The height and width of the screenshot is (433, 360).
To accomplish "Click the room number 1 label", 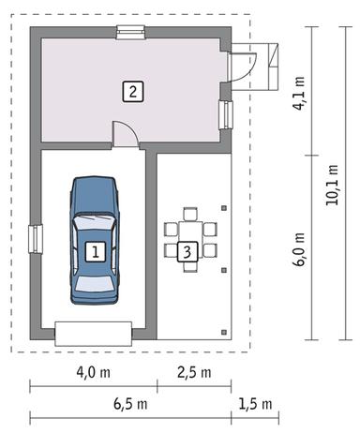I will [95, 251].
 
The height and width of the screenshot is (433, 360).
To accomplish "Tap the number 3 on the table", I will [187, 251].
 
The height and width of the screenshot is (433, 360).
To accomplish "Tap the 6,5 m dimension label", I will [129, 405].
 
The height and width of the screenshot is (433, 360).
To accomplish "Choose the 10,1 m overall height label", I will [331, 186].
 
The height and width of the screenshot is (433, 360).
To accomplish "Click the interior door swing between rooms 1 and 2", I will [126, 134].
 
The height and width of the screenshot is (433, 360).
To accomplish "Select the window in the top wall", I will [129, 34].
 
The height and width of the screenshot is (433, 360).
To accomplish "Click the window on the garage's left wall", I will [35, 239].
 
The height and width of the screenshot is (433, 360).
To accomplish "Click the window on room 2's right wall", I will [226, 114].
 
